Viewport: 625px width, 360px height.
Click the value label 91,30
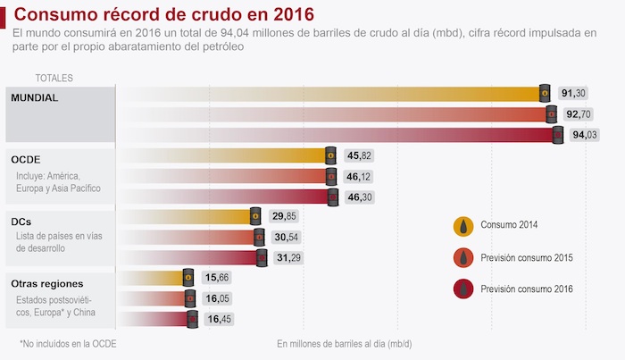click(573, 94)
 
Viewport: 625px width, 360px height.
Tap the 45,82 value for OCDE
click(358, 156)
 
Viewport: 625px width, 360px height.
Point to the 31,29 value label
click(287, 258)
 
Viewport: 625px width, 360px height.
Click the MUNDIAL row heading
click(34, 97)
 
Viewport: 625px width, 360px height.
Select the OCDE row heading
click(26, 159)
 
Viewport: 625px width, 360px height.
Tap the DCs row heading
click(21, 220)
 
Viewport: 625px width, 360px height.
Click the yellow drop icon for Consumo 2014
click(463, 225)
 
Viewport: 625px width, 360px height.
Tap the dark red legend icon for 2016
click(463, 289)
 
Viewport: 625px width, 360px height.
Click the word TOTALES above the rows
click(54, 79)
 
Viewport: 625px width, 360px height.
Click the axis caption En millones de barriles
click(344, 343)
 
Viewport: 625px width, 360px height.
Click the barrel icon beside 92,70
click(551, 114)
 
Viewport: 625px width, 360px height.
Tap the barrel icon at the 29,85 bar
click(254, 217)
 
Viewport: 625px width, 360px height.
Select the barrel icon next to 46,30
click(332, 197)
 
